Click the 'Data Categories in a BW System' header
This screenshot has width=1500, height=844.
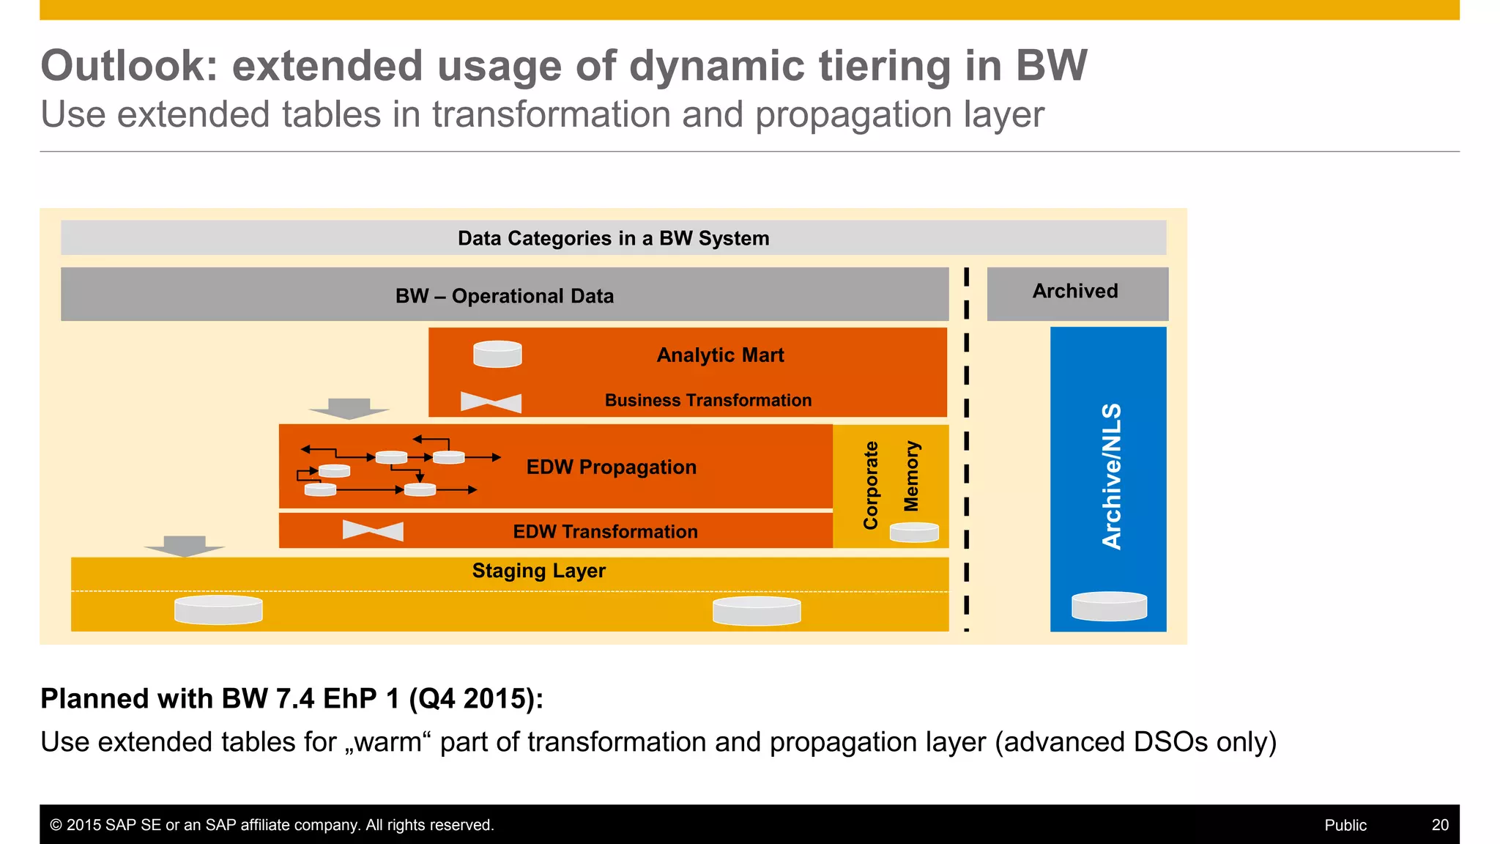(x=613, y=238)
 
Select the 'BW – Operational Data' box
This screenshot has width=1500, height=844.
(x=505, y=295)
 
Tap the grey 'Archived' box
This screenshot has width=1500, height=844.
(x=1076, y=292)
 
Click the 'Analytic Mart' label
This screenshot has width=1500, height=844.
(x=720, y=355)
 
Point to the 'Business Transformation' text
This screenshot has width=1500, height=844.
(x=708, y=401)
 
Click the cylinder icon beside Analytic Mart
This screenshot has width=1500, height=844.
(x=497, y=354)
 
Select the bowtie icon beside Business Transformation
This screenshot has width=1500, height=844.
(x=491, y=402)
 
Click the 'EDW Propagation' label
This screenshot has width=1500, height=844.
(x=611, y=467)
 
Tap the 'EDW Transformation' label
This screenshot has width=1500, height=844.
(x=605, y=532)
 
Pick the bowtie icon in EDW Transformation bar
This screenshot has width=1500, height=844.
(x=373, y=530)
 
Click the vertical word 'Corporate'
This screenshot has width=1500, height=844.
(x=870, y=485)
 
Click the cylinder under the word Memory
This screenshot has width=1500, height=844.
(x=914, y=532)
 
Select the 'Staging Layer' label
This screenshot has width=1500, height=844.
(x=538, y=571)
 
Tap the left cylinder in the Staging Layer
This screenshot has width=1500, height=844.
(x=218, y=610)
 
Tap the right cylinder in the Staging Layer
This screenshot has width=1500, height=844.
(x=757, y=610)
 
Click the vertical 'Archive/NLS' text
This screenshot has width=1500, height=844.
(x=1111, y=476)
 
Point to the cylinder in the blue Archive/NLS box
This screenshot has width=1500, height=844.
(x=1109, y=606)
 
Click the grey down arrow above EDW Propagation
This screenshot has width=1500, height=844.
(x=349, y=408)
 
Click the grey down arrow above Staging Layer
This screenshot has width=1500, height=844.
(x=184, y=546)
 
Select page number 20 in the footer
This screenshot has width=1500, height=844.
(x=1439, y=825)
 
